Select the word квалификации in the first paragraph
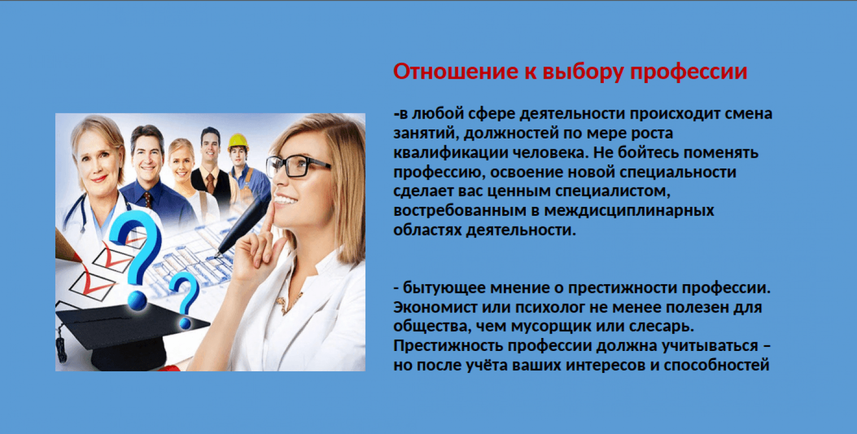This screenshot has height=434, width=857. click(x=450, y=153)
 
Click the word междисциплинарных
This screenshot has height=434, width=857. click(x=629, y=211)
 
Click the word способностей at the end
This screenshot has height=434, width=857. click(x=716, y=365)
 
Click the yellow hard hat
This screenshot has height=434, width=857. click(x=238, y=142)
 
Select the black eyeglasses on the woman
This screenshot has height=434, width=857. click(x=298, y=166)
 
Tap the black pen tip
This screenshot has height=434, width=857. click(x=217, y=254)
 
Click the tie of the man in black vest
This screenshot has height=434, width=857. click(x=210, y=183)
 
